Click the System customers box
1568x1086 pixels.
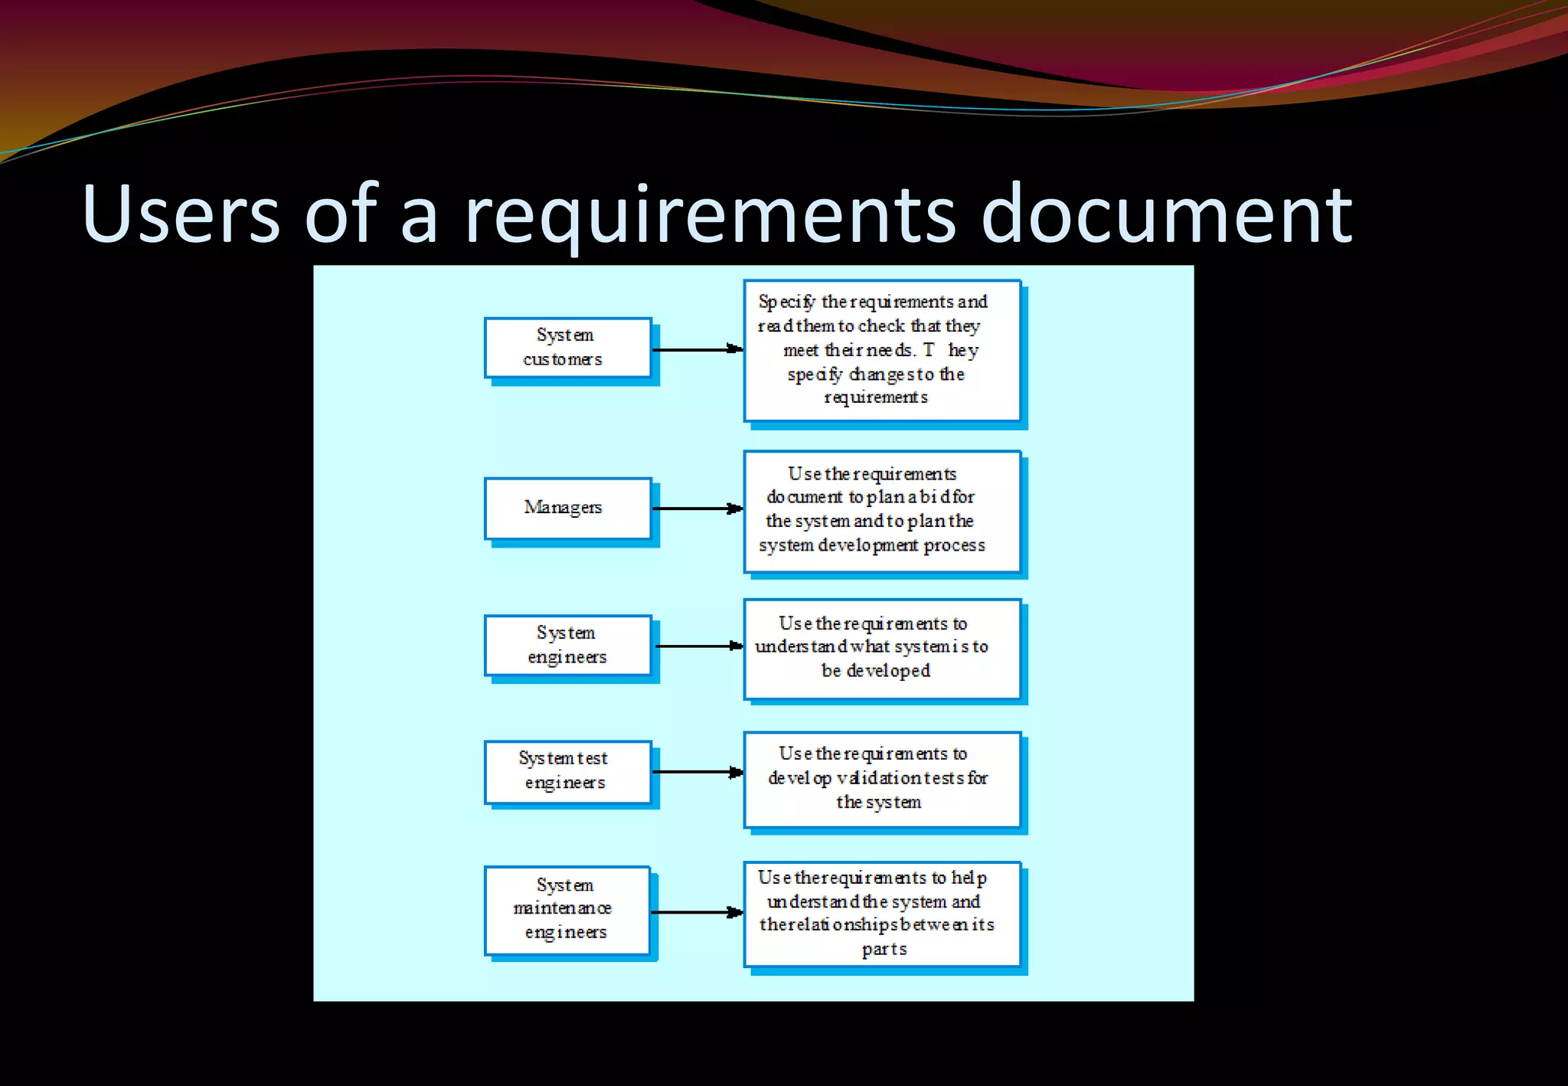pos(567,348)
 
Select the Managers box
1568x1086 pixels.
pos(567,508)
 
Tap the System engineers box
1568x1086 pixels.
pos(567,645)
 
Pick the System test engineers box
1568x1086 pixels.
pos(567,771)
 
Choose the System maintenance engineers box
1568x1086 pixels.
pos(567,910)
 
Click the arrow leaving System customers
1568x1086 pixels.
pos(697,349)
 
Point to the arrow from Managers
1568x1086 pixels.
pos(697,509)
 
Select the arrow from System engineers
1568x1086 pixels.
pos(698,646)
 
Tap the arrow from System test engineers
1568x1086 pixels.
pos(697,772)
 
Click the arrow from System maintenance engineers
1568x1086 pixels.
pos(697,912)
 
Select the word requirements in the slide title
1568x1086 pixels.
pos(710,216)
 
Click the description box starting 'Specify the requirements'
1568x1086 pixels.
pos(882,350)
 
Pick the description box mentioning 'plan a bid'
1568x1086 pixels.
pos(882,511)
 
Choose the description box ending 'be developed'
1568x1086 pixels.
pos(882,649)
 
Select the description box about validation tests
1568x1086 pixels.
pos(882,779)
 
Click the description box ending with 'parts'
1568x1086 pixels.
pos(882,914)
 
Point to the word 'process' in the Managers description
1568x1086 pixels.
pos(954,545)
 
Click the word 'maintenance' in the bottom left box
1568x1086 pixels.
pos(563,908)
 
